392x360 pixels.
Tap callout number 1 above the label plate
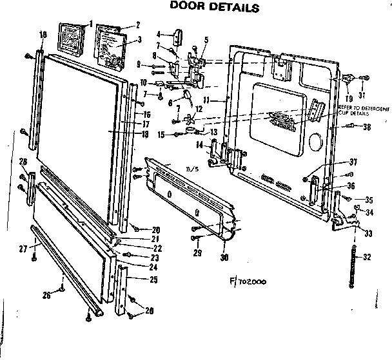pyautogui.click(x=90, y=24)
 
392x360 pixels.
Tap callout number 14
pyautogui.click(x=199, y=143)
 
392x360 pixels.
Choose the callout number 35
pyautogui.click(x=369, y=200)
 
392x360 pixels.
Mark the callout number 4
pyautogui.click(x=159, y=33)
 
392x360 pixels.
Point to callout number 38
pyautogui.click(x=367, y=127)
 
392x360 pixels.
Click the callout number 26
pyautogui.click(x=46, y=296)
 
